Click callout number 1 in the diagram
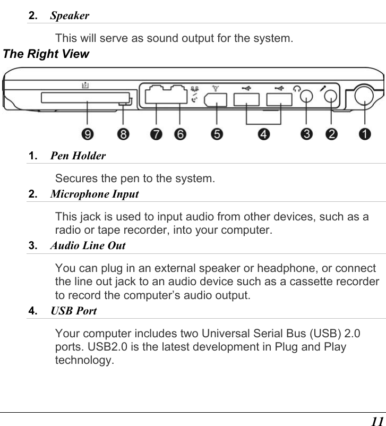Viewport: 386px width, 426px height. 364,135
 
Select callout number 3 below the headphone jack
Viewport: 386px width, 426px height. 306,135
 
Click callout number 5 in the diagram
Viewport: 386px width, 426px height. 217,135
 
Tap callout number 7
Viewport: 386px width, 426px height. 156,135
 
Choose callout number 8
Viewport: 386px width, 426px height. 123,135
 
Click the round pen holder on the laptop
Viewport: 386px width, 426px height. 365,97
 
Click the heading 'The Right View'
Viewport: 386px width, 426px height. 46,54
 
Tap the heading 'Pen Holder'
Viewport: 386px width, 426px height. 78,156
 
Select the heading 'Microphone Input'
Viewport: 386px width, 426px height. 94,194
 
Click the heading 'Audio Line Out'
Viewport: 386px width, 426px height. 88,245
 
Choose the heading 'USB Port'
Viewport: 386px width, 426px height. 73,311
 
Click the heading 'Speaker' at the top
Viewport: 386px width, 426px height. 70,15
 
